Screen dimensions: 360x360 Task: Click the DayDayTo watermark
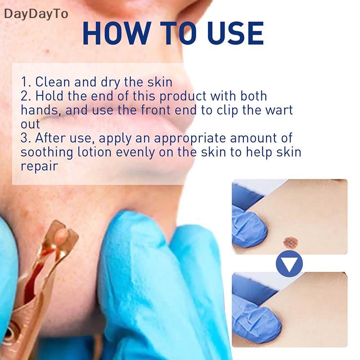[x=36, y=14]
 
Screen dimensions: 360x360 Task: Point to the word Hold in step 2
[x=51, y=96]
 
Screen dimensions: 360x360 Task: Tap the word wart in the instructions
[x=279, y=110]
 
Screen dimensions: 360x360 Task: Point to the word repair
[x=40, y=166]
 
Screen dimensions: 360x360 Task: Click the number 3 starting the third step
[x=24, y=138]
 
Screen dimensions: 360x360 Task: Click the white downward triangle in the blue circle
[x=289, y=263]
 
